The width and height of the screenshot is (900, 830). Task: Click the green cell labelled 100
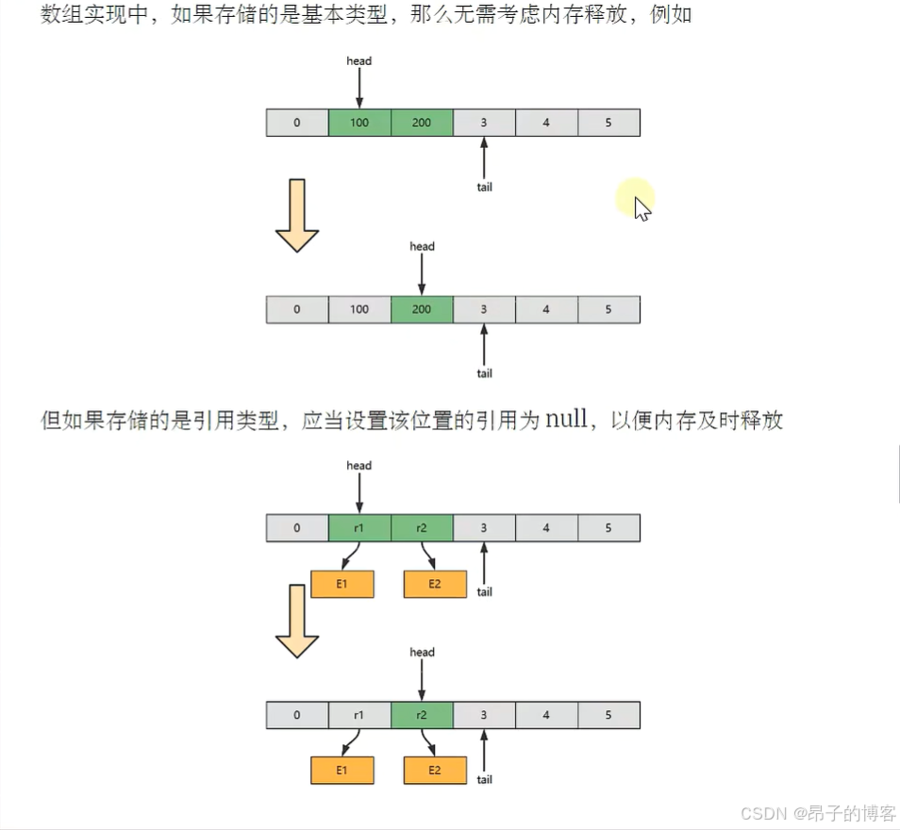pos(359,123)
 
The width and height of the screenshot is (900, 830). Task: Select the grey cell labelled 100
pos(359,309)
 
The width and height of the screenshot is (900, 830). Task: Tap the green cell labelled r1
pos(359,528)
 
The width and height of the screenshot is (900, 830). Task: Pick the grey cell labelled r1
pos(359,715)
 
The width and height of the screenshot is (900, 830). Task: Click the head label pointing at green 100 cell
pos(359,61)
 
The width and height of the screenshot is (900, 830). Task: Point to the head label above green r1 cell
pos(359,466)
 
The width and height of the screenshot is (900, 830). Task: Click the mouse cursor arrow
pos(642,207)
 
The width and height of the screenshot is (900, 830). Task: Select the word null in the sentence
pos(566,420)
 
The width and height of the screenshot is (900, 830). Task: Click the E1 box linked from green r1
pos(342,584)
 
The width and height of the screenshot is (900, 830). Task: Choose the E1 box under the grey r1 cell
pos(342,771)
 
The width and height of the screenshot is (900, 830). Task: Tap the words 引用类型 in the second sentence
pos(241,421)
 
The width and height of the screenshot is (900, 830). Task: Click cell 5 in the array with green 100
pos(608,123)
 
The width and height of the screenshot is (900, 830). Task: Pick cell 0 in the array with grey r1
pos(297,715)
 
